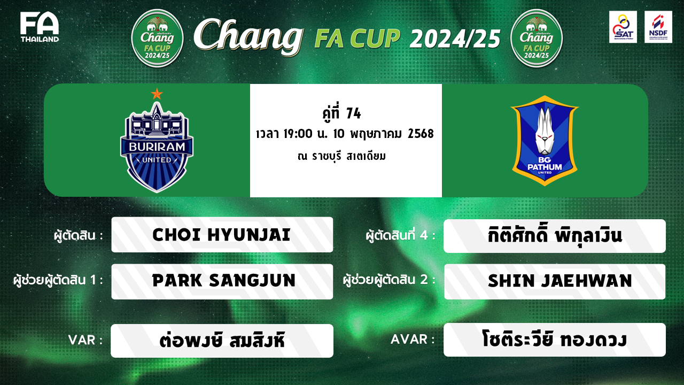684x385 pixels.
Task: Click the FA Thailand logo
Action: click(x=40, y=27)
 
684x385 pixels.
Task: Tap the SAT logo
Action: click(x=623, y=27)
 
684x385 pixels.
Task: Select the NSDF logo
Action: click(x=658, y=27)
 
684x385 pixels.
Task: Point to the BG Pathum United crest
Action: click(x=545, y=141)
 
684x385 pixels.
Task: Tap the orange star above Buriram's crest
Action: click(x=157, y=94)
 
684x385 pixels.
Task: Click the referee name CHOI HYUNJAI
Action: click(x=221, y=235)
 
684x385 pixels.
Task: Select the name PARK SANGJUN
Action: click(x=224, y=281)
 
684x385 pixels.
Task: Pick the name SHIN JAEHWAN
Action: click(x=559, y=281)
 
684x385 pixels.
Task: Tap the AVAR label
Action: click(x=413, y=339)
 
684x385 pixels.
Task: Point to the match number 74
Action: click(x=354, y=113)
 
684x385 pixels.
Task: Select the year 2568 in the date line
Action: click(x=421, y=134)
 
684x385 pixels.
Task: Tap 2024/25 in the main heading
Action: click(x=455, y=39)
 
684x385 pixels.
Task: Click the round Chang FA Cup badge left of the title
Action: click(x=157, y=38)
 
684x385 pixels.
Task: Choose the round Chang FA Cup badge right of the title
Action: click(x=537, y=38)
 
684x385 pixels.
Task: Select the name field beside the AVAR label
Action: click(x=555, y=340)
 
